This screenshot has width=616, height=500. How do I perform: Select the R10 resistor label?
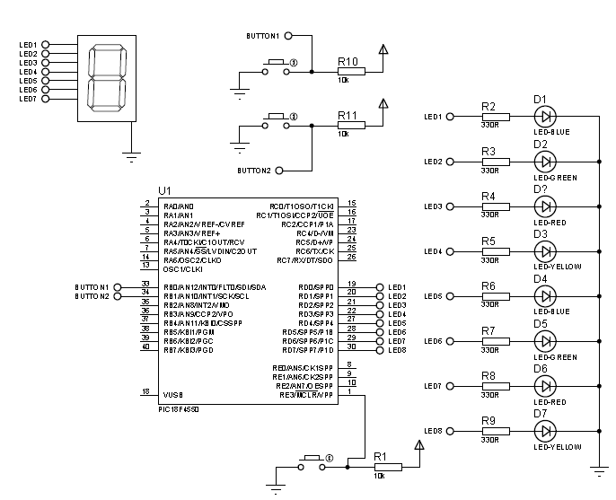click(x=348, y=61)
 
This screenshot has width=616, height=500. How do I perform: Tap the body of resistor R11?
click(x=350, y=125)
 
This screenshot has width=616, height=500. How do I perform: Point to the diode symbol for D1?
click(x=544, y=116)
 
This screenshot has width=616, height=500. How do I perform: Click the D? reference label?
click(x=541, y=189)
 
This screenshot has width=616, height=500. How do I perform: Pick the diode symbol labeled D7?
click(x=544, y=431)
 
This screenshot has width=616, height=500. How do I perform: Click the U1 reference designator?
click(x=163, y=191)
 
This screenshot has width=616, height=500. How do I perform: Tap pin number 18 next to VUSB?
click(x=145, y=392)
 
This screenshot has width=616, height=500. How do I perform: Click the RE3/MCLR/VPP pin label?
click(x=306, y=395)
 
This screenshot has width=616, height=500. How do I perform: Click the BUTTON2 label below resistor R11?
click(x=254, y=171)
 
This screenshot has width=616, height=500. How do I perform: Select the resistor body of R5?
click(x=495, y=251)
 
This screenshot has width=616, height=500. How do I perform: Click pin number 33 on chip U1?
click(x=145, y=285)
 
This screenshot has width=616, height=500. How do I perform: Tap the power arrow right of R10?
click(x=383, y=50)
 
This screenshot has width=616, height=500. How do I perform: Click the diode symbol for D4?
click(x=544, y=296)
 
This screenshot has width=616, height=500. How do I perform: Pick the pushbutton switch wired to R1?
click(x=312, y=464)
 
